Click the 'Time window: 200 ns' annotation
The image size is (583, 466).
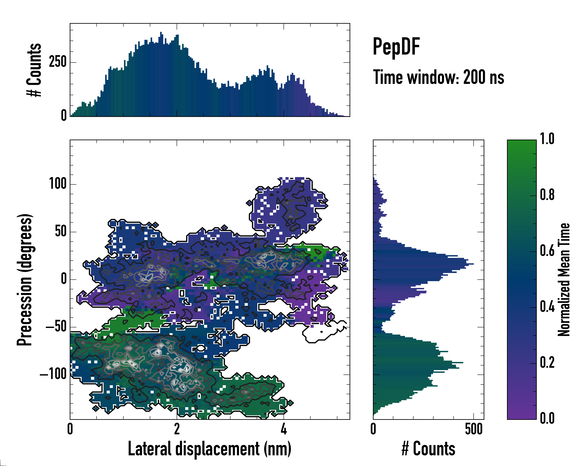click(438, 77)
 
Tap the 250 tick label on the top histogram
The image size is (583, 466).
click(58, 62)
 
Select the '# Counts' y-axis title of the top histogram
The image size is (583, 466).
click(34, 70)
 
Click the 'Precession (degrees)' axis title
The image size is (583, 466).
click(25, 280)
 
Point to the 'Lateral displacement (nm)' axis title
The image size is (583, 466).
click(209, 449)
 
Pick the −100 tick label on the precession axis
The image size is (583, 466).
click(53, 374)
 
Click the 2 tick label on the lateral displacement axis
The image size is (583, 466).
click(177, 429)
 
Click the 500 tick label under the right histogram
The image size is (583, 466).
click(474, 429)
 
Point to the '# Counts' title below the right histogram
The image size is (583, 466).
click(428, 449)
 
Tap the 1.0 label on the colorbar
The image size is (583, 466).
click(547, 139)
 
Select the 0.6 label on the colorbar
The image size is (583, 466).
click(547, 251)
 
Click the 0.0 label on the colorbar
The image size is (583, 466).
click(547, 418)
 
